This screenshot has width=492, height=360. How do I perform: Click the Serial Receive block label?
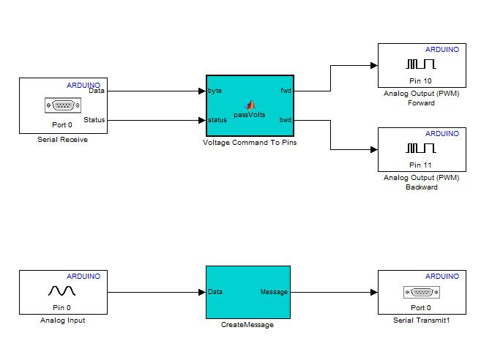click(x=62, y=139)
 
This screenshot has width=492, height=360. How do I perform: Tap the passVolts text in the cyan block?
click(x=249, y=114)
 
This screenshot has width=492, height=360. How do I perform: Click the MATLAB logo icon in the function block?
click(x=249, y=105)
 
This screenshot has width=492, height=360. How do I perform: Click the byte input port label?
click(x=215, y=91)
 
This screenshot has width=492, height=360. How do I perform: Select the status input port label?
click(x=217, y=120)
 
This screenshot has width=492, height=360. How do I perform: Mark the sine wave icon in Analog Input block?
click(x=62, y=291)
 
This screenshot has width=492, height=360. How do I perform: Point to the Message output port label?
click(x=274, y=292)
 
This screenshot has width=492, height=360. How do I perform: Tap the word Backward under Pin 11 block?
click(x=421, y=187)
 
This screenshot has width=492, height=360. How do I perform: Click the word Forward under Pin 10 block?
click(x=421, y=103)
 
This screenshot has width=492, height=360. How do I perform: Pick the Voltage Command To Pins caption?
click(x=249, y=142)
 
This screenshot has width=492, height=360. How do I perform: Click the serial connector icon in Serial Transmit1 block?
click(x=421, y=292)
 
